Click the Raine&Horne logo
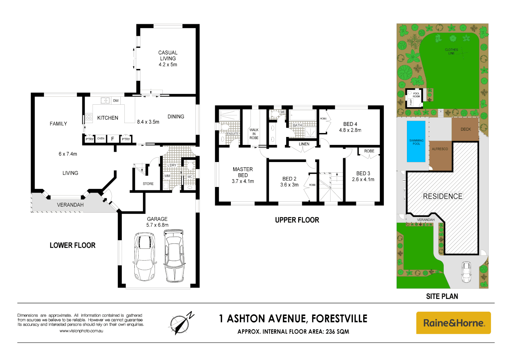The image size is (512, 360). point(453,323)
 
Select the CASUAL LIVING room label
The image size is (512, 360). point(168,56)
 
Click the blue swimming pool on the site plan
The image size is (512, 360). point(416,141)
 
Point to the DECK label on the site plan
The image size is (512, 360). point(466,129)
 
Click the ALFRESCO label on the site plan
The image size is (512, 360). point(440,149)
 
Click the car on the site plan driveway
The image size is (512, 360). point(466,272)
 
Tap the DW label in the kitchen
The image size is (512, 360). point(116,101)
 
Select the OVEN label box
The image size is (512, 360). point(101,139)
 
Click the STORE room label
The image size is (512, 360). point(148,184)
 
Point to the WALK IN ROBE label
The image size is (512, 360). point(254,134)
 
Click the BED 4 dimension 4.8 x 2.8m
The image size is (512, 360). point(350,130)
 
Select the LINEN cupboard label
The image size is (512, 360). point(304,144)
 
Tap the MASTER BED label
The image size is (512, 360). point(243,172)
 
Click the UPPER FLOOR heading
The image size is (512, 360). point(297,220)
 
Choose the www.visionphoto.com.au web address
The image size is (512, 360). point(81,331)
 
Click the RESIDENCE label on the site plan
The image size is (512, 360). point(443,196)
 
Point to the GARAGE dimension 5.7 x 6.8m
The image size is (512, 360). point(157,225)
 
